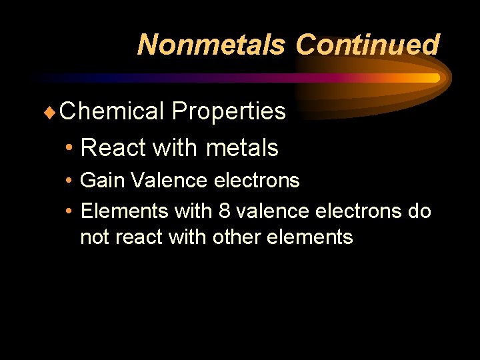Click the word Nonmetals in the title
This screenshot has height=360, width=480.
[x=211, y=45]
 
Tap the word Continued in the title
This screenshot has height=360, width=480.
[x=367, y=45]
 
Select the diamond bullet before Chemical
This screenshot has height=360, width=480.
[x=53, y=111]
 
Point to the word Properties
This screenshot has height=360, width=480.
[x=229, y=111]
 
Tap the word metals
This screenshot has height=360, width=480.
[x=243, y=147]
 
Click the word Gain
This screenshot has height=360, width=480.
[x=103, y=180]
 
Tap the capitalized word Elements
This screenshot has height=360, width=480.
[x=124, y=211]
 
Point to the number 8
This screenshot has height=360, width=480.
[x=224, y=211]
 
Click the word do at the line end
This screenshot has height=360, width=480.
[x=419, y=211]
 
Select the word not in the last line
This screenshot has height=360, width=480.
[x=95, y=237]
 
